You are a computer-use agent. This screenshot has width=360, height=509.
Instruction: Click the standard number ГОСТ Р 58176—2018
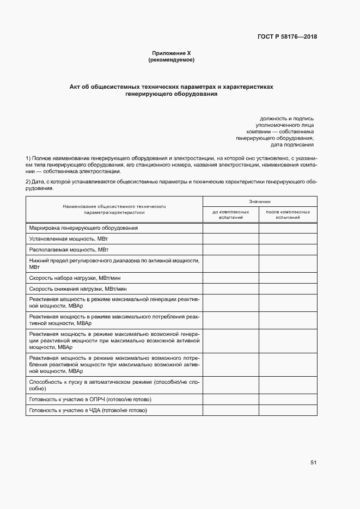(x=287, y=37)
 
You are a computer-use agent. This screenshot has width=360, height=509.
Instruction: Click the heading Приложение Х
(x=172, y=53)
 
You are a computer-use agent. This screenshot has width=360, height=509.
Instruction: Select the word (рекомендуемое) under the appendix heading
(x=172, y=60)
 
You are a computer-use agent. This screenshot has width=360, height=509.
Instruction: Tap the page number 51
(x=313, y=462)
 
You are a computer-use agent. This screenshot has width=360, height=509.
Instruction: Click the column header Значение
(x=260, y=201)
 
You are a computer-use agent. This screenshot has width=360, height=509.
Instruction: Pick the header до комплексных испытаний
(x=231, y=214)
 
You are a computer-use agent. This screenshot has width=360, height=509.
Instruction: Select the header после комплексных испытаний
(x=288, y=214)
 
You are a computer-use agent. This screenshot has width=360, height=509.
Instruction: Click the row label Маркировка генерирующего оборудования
(x=83, y=228)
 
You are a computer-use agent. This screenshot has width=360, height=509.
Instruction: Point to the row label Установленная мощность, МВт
(x=69, y=238)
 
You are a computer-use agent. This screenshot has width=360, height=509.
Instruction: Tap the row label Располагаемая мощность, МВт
(x=69, y=249)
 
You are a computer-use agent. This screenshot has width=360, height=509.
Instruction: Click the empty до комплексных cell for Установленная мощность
(x=231, y=238)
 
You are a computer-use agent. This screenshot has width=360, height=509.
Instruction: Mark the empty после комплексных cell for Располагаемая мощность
(x=288, y=249)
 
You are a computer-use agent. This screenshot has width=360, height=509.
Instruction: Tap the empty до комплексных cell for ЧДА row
(x=231, y=410)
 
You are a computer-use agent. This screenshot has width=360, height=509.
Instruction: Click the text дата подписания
(x=292, y=145)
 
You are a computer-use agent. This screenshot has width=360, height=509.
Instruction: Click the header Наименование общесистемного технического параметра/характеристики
(x=114, y=210)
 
